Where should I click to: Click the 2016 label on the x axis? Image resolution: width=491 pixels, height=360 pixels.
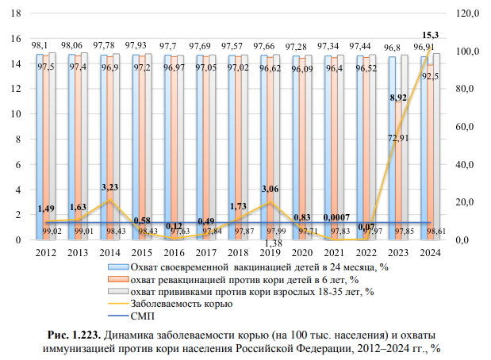pos(174,252)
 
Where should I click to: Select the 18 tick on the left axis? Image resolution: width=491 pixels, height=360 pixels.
pos(17,13)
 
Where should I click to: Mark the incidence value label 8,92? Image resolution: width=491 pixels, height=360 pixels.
pos(398,98)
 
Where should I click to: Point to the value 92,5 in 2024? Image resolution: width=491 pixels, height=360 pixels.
pos(430,77)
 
